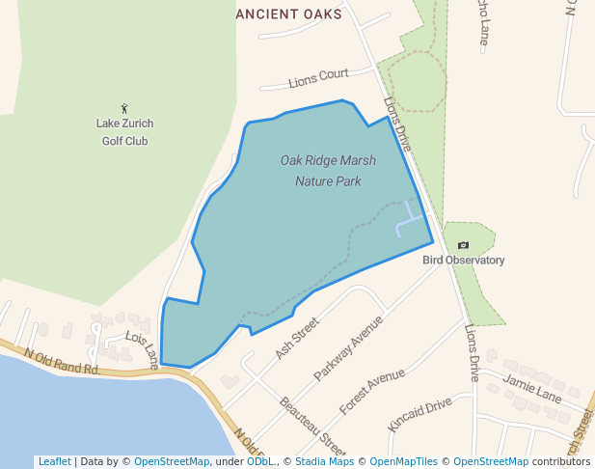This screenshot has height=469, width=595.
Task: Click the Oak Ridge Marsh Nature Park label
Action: pyautogui.click(x=328, y=170)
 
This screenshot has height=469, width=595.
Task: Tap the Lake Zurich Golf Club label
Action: pyautogui.click(x=124, y=132)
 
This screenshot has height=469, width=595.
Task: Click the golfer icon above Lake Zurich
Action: pyautogui.click(x=124, y=108)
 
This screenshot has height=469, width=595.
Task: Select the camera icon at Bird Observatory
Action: pyautogui.click(x=463, y=245)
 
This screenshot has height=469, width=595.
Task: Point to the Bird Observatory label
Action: pyautogui.click(x=463, y=261)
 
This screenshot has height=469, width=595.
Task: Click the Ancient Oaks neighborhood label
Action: pyautogui.click(x=288, y=14)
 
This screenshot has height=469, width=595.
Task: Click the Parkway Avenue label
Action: pyautogui.click(x=348, y=346)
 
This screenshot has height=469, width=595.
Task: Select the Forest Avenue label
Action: pyautogui.click(x=372, y=392)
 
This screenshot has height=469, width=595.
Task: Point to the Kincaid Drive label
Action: pyautogui.click(x=419, y=414)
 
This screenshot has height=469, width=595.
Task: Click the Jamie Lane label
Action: pyautogui.click(x=531, y=390)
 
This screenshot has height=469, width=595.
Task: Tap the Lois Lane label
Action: pyautogui.click(x=143, y=349)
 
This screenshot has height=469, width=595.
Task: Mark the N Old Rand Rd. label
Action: pyautogui.click(x=63, y=362)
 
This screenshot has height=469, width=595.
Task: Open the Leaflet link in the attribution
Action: pyautogui.click(x=54, y=461)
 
